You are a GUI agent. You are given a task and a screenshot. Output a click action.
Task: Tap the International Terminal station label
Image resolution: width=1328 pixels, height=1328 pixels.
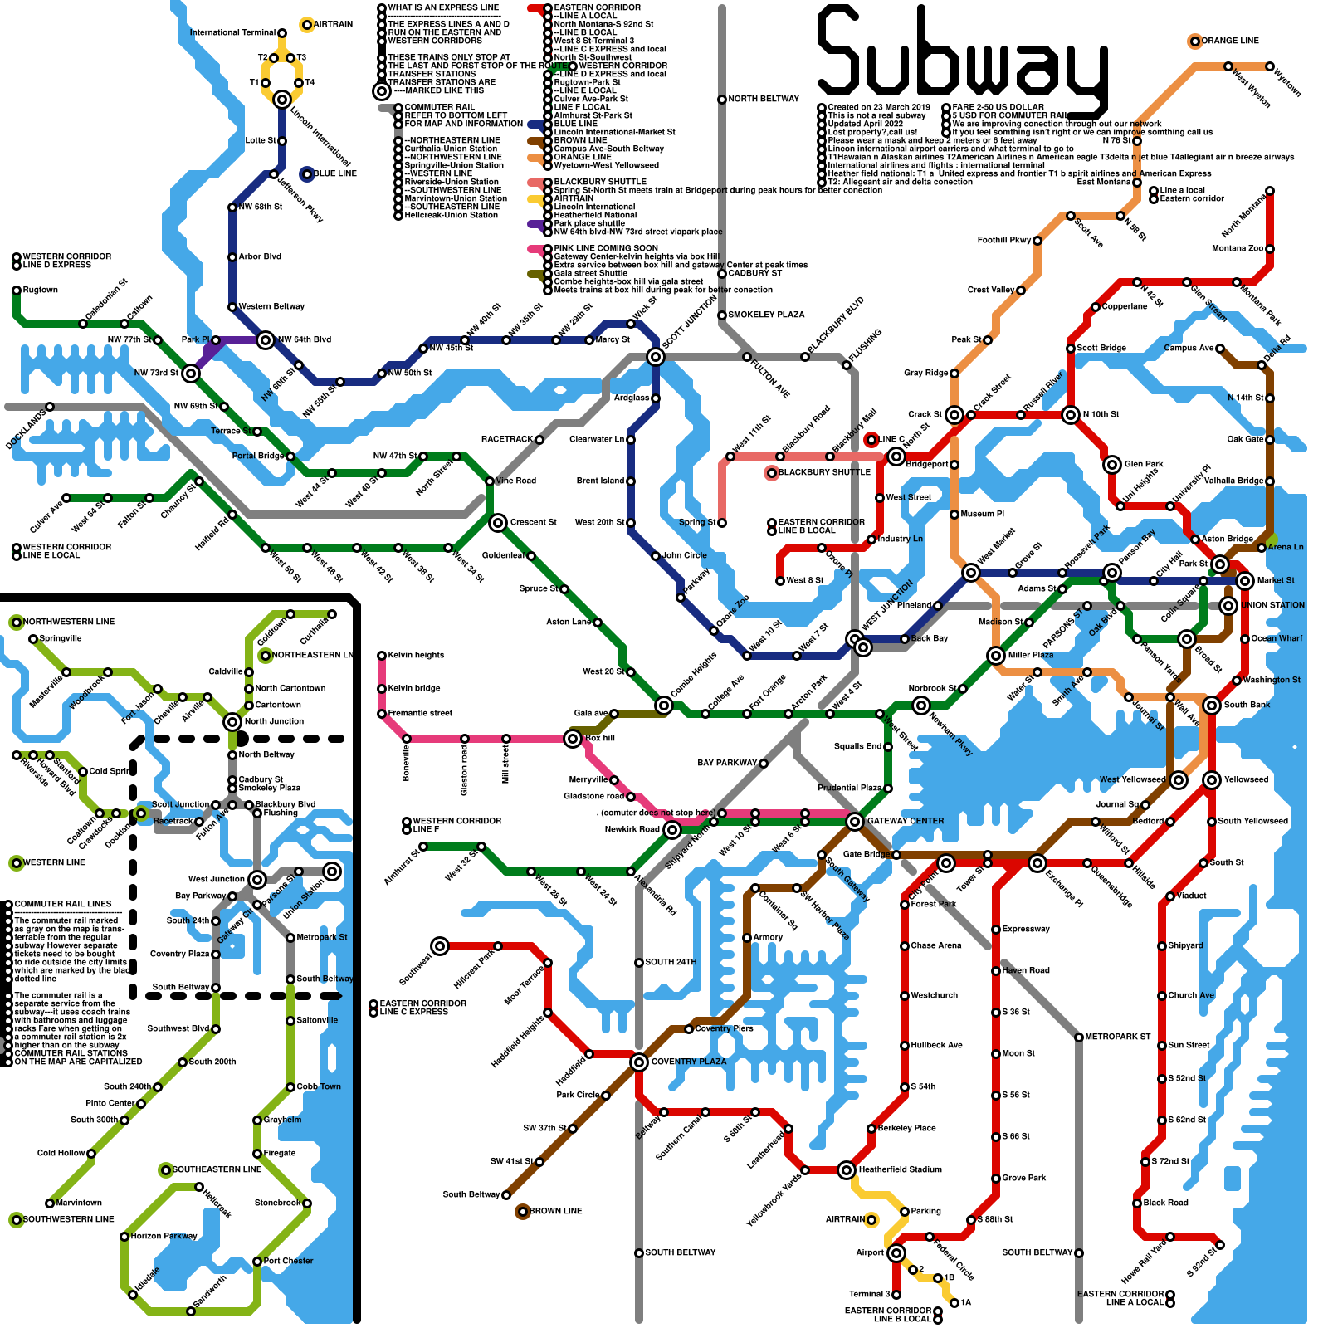[x=232, y=33]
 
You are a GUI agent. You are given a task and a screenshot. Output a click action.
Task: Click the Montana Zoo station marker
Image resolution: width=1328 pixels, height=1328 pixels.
[x=1270, y=249]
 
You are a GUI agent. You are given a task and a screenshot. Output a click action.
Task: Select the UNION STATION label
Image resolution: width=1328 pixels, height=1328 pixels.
[x=1273, y=606]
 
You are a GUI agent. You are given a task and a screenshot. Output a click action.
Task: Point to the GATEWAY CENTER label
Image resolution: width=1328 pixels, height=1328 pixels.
[x=906, y=822]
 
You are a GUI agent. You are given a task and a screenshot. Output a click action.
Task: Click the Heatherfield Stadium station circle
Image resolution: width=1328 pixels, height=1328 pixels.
[x=847, y=1170]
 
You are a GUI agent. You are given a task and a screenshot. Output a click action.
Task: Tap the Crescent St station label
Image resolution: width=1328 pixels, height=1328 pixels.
[x=534, y=523]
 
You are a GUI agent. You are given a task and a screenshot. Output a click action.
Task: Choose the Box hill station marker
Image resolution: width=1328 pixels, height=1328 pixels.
[x=573, y=739]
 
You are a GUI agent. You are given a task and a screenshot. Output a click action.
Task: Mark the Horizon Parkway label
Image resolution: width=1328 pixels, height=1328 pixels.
[x=164, y=1237]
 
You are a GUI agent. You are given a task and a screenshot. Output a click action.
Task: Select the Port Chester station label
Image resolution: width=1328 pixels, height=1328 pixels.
[x=288, y=1262]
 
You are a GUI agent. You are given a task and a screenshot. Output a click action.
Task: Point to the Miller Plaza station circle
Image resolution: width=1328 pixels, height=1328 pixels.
[x=996, y=656]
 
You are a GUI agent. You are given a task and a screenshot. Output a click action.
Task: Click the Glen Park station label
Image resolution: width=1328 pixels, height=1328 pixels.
[x=1144, y=465]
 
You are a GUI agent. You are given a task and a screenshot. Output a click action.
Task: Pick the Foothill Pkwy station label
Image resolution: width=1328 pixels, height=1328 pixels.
[x=1003, y=241]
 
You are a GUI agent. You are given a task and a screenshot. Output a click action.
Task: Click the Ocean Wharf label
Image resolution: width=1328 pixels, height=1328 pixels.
[x=1277, y=639]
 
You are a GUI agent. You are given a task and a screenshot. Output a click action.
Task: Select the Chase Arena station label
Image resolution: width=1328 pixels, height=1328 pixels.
[x=936, y=946]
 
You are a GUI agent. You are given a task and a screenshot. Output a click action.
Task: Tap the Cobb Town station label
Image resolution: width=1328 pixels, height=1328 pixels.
[x=319, y=1087]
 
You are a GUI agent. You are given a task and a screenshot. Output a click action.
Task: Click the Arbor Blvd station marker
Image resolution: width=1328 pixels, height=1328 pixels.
[x=232, y=257]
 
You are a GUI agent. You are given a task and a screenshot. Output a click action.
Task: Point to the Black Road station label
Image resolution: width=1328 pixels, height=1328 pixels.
[x=1165, y=1203]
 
